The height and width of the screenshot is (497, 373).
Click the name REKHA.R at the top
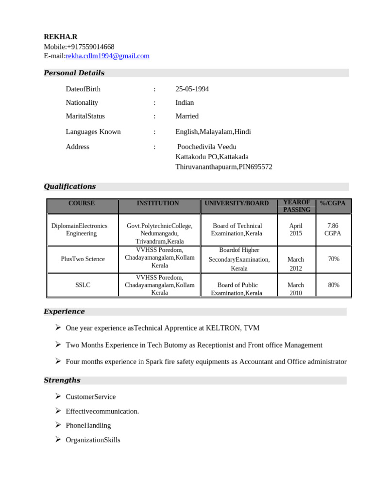pos(60,37)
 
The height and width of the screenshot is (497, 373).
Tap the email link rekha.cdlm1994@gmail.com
pos(107,56)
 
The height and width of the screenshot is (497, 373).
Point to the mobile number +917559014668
pos(90,47)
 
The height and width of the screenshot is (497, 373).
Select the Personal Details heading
pos(74,73)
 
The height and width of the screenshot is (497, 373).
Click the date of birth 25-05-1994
pos(192,89)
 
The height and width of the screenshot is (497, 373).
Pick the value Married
pos(187,116)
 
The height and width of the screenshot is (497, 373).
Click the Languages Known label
pos(93,132)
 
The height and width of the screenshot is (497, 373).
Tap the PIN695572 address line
pos(224,166)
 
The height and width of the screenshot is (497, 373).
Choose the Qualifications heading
pos(69,186)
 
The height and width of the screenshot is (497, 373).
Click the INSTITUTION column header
pos(158,203)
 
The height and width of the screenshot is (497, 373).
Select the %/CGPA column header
pos(333,203)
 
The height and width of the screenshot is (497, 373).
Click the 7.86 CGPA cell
pos(333,230)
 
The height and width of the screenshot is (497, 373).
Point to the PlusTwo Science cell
pos(83,259)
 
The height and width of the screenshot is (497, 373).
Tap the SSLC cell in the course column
pos(83,285)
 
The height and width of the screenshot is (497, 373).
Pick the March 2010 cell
pos(295,289)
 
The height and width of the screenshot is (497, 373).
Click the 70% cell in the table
pos(333,259)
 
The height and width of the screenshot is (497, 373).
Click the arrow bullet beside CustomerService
pos(57,397)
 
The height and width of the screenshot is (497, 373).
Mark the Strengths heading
pos(62,380)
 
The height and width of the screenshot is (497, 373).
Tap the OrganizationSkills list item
pos(93,440)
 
